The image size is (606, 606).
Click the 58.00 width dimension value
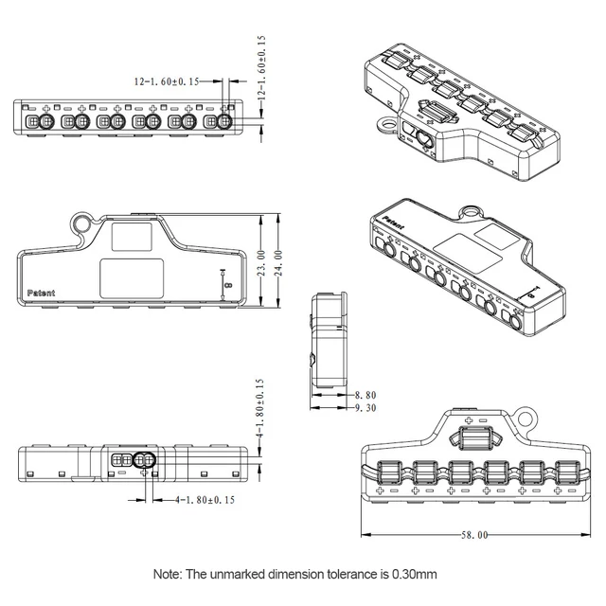point(474,535)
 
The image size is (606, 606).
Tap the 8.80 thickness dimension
point(365,394)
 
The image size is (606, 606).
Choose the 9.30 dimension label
point(365,407)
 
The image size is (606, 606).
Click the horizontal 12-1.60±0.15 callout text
point(167,82)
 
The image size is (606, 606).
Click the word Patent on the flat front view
point(42,293)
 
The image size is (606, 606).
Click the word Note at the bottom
point(168,574)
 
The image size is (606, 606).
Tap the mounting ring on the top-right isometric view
point(384,123)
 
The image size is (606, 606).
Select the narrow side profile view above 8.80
point(329,340)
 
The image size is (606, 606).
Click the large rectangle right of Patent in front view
point(132,278)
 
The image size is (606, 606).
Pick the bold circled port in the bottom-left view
point(144,461)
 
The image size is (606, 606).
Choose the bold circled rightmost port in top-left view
point(225,122)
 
